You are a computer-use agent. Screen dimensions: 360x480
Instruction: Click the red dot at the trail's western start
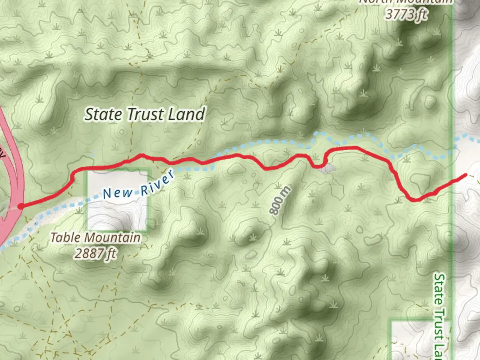tap(21, 206)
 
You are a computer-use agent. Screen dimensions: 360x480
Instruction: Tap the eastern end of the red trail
tap(465, 175)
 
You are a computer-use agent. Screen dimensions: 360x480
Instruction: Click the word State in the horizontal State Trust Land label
tap(103, 114)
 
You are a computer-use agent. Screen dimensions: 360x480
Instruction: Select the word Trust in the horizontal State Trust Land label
tap(145, 114)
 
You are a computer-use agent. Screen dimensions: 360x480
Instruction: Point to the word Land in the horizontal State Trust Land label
tap(186, 114)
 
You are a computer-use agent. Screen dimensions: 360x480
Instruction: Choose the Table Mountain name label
tap(95, 238)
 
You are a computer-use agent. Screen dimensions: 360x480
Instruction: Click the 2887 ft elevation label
tap(95, 254)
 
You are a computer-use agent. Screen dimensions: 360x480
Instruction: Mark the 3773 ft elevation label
tap(406, 14)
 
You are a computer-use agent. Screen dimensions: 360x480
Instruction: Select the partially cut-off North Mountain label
tap(406, 2)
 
